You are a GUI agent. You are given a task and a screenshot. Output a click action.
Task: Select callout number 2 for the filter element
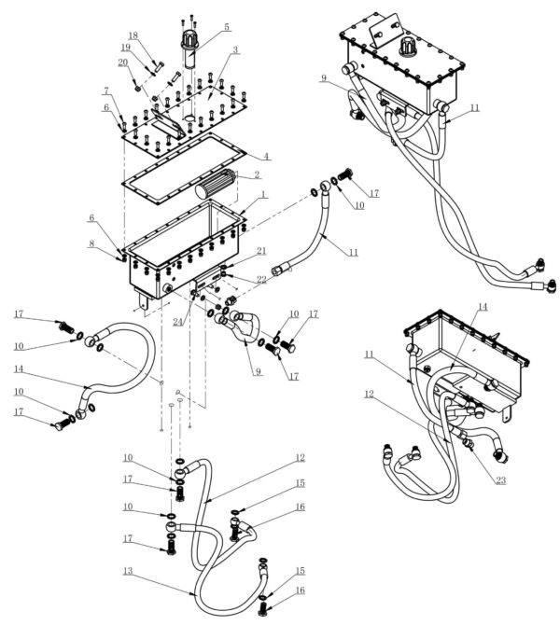tap(256, 174)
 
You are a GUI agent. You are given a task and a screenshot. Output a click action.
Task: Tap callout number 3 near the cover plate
tap(235, 49)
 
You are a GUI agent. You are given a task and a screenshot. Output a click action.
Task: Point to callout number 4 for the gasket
tap(266, 156)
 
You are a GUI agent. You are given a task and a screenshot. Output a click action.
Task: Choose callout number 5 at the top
tap(226, 27)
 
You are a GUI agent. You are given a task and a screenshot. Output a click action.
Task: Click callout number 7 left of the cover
tap(106, 91)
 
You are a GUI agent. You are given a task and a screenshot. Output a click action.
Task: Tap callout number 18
tap(133, 35)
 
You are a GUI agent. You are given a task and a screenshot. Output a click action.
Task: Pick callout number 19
tap(125, 48)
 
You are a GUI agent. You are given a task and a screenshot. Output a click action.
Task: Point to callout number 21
tap(261, 251)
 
